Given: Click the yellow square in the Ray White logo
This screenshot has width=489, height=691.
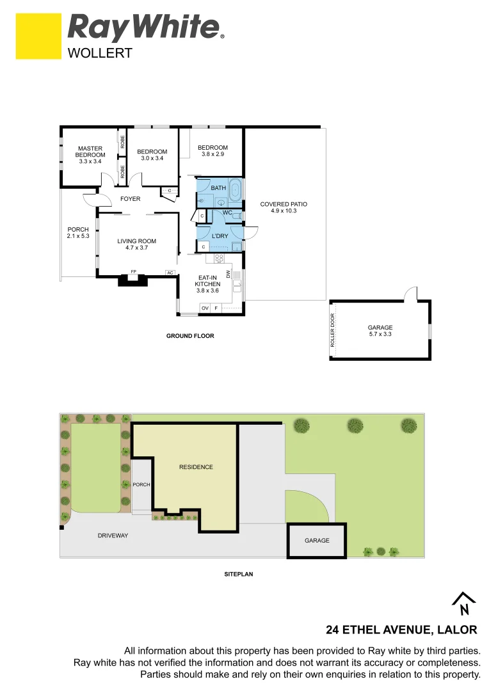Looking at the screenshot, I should [x=38, y=36].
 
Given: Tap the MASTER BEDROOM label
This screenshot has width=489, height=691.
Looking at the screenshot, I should [x=90, y=151].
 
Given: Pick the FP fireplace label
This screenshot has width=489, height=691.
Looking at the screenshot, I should [x=133, y=272].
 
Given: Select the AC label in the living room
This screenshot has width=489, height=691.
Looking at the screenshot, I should [x=170, y=273].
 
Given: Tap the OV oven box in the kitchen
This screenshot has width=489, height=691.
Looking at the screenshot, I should [x=205, y=308].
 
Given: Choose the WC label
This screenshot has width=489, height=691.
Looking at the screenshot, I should [x=227, y=212].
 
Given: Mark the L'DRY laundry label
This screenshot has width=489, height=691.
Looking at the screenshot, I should [x=220, y=235].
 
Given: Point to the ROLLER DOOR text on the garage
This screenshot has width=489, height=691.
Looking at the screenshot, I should [x=333, y=331].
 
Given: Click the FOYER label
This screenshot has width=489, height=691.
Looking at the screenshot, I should [x=130, y=199].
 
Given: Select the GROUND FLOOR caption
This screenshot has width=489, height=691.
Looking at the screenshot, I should [x=190, y=336].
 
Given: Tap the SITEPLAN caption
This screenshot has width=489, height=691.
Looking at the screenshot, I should [x=238, y=575].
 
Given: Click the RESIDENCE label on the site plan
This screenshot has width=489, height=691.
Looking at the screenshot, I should [x=196, y=467].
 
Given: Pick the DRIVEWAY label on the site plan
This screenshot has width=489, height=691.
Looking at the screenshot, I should [x=113, y=536].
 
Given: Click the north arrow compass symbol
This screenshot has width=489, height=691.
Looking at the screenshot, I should [x=464, y=603].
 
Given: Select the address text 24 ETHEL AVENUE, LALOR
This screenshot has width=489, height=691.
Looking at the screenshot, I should [x=401, y=630].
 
